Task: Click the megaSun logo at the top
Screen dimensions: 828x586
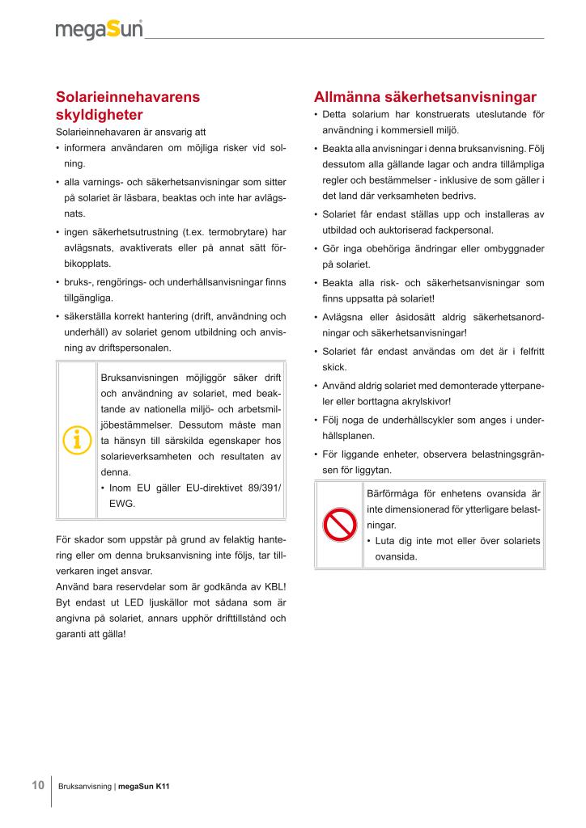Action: click(99, 31)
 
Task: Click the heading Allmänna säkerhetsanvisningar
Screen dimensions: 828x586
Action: click(424, 97)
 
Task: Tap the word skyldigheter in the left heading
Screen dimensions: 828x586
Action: click(100, 115)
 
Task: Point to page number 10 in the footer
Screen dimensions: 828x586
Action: click(37, 785)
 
